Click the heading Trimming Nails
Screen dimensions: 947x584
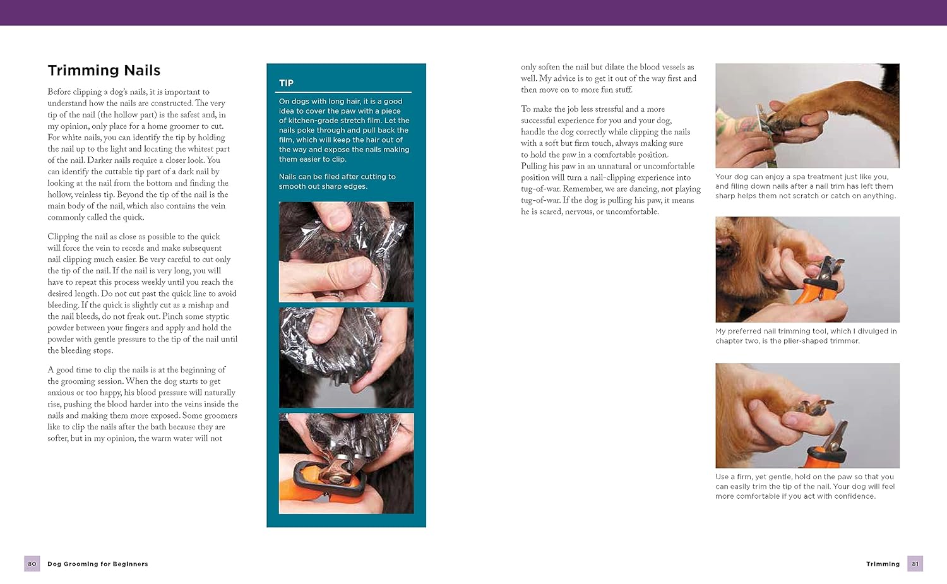pyautogui.click(x=104, y=70)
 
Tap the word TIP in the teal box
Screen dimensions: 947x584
pyautogui.click(x=286, y=83)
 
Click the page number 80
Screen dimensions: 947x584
pyautogui.click(x=32, y=564)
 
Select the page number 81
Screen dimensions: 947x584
pyautogui.click(x=915, y=564)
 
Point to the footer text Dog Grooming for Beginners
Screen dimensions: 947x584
pyautogui.click(x=98, y=564)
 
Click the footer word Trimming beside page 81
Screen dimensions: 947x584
pyautogui.click(x=883, y=564)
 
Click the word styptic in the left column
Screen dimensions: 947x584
pyautogui.click(x=216, y=316)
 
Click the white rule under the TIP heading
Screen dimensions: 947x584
pyautogui.click(x=343, y=92)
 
